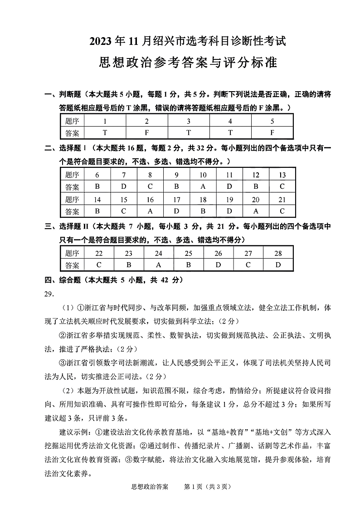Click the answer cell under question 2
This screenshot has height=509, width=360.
tap(146, 133)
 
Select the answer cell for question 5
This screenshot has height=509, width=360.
tap(272, 133)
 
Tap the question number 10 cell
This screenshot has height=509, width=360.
tap(203, 175)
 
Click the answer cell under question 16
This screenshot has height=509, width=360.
tap(150, 211)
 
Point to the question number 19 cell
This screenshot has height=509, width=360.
tap(229, 199)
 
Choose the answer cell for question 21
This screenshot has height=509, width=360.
tap(282, 211)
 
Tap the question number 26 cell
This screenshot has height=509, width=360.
tap(219, 253)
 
